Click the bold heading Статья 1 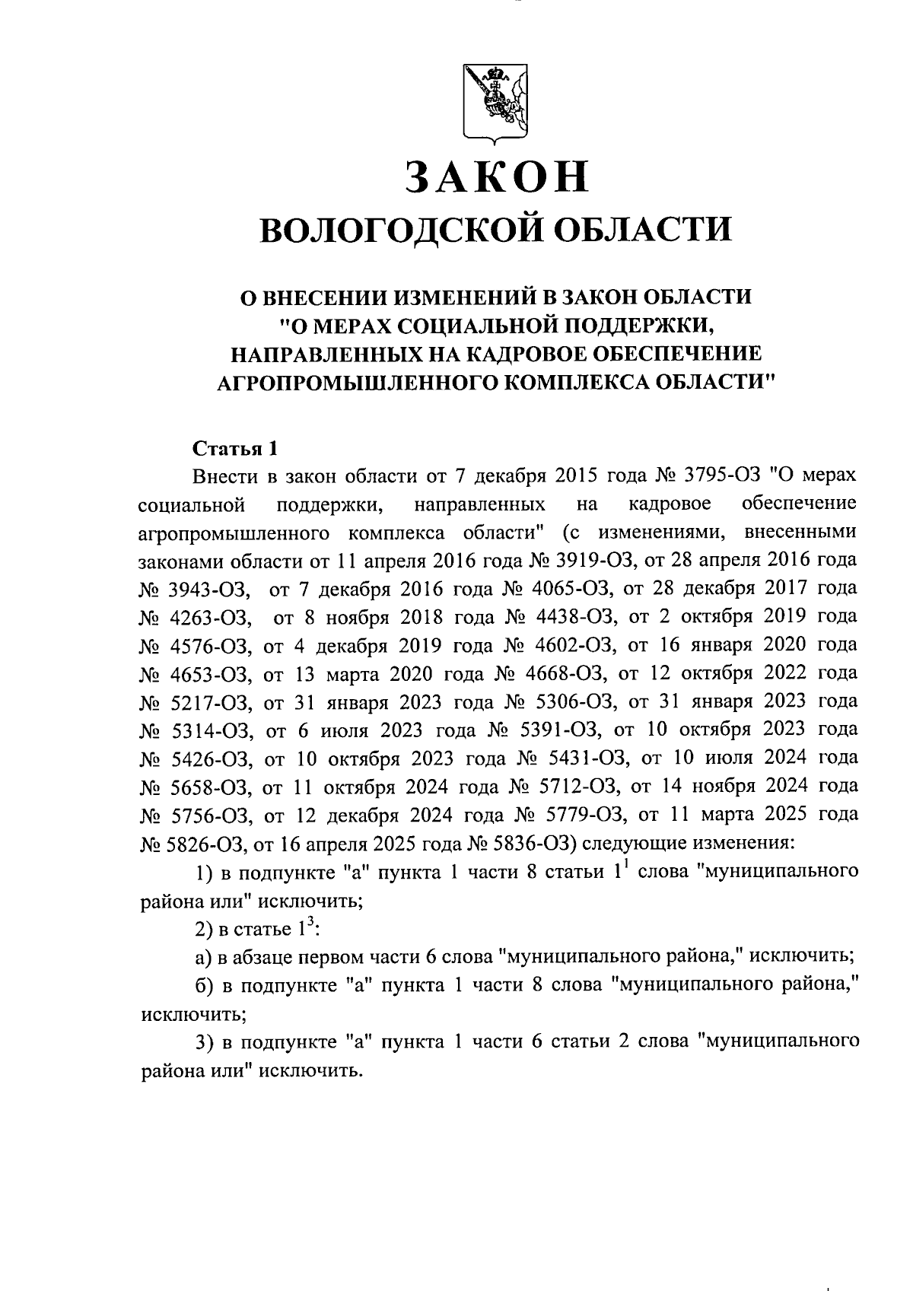(233, 447)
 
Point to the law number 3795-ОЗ (722, 475)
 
